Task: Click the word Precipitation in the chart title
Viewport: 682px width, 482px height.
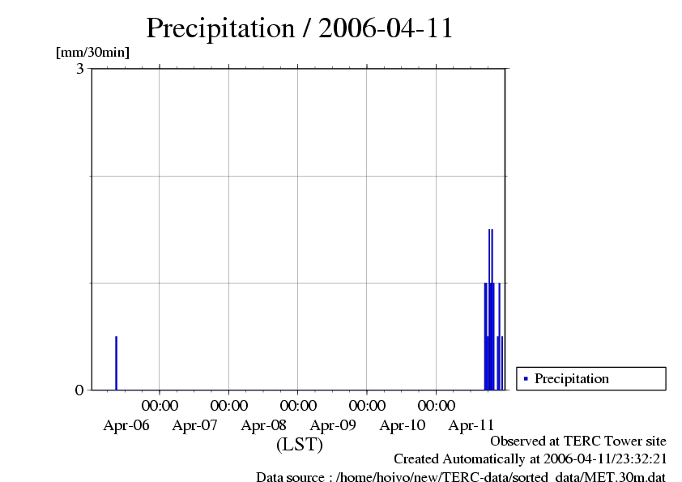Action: coord(220,28)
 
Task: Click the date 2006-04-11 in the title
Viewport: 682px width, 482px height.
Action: coord(386,28)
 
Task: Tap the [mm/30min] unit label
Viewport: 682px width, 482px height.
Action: coord(92,53)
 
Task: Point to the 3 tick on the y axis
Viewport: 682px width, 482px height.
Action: coord(79,69)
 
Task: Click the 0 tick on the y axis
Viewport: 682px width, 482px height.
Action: coord(79,390)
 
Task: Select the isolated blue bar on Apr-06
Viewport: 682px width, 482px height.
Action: coord(116,363)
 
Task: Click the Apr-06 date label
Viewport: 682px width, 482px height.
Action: coord(126,424)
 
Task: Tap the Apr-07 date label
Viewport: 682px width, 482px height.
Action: coord(195,424)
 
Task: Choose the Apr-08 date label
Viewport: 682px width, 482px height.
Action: coord(264,424)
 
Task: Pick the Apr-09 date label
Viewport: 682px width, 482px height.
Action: coord(334,424)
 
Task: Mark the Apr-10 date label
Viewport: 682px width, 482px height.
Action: coord(403,424)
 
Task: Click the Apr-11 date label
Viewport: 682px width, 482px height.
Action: coord(471,424)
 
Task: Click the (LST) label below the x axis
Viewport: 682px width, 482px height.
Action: coord(300,445)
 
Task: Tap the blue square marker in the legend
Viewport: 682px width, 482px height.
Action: coord(526,378)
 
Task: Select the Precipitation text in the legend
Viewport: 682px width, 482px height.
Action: coord(572,378)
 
